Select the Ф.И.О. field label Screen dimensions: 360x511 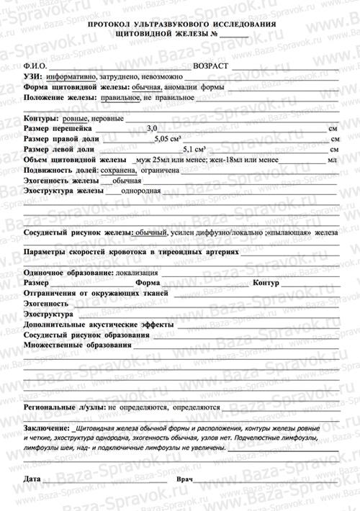tap(35, 65)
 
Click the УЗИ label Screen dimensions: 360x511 tap(32, 76)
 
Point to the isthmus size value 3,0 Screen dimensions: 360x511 tap(151, 127)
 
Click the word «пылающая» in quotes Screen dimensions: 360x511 tap(292, 233)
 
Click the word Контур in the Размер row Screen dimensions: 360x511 tap(266, 284)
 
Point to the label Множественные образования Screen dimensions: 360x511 tap(77, 345)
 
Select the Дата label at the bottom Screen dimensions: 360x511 tap(32, 478)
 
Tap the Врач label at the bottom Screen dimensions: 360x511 tap(185, 478)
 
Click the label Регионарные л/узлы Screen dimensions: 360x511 tap(65, 407)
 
